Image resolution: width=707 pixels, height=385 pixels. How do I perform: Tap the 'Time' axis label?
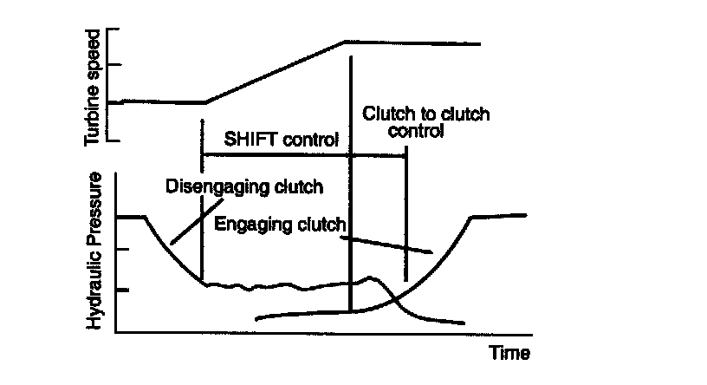[509, 353]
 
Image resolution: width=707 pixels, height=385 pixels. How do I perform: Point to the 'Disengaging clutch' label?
[244, 186]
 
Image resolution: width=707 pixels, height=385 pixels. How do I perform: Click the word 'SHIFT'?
[245, 139]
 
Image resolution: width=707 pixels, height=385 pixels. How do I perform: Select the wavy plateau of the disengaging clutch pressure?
[277, 285]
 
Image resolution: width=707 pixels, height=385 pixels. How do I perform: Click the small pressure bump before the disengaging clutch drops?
[371, 278]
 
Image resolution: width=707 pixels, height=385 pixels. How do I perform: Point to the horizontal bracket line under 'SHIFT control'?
[303, 155]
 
